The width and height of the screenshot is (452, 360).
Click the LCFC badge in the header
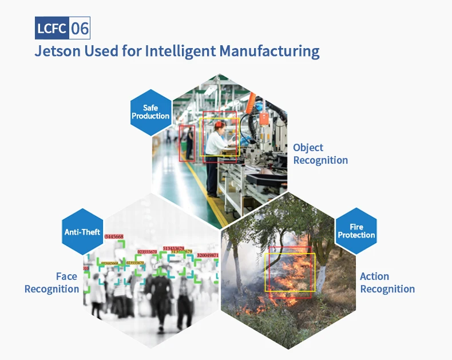52,28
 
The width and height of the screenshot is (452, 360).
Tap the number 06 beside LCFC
80,28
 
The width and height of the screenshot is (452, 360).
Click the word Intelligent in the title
180,51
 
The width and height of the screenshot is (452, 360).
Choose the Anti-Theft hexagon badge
82,232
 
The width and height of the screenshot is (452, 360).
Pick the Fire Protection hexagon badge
356,231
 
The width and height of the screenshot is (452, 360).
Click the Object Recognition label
320,154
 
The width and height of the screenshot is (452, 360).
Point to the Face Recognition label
52,283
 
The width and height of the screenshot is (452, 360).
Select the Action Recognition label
387,283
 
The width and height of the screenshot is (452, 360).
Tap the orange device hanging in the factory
264,118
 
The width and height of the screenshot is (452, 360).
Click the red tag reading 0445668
114,236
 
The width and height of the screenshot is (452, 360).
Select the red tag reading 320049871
207,255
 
